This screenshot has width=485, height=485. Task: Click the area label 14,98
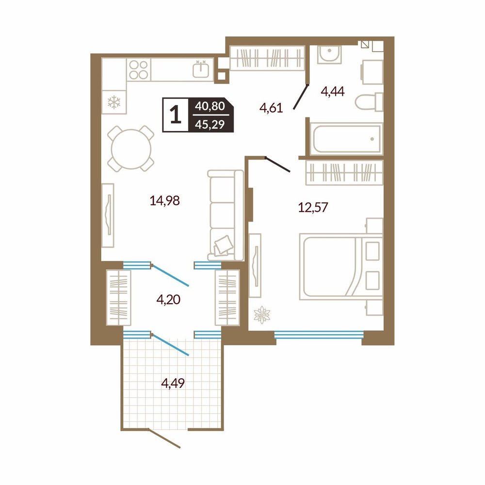pos(164,201)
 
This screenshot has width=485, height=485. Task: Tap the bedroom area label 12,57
pos(313,207)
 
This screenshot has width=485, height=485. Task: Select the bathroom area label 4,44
pos(333,91)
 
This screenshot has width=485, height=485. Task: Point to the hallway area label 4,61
pos(271,108)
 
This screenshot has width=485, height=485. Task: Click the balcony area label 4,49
pos(173,383)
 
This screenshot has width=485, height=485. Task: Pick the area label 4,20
pos(169,299)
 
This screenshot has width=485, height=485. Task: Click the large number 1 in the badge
pos(176,115)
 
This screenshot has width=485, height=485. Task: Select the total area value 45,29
pos(210,125)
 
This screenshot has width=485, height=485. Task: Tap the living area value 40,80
pos(210,106)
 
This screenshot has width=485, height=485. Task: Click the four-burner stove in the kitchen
pos(139,69)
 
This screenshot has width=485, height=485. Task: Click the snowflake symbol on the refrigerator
pos(114,102)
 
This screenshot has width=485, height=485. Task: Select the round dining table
pos(131,148)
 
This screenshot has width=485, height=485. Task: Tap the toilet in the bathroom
pos(369,102)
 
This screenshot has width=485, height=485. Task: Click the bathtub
pos(346,138)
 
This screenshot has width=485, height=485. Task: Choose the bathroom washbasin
pos(330,55)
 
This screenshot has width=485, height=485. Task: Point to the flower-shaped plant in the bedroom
pos(262,315)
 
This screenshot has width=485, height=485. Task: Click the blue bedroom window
pos(318,335)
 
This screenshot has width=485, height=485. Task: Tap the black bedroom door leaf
pos(278,164)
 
